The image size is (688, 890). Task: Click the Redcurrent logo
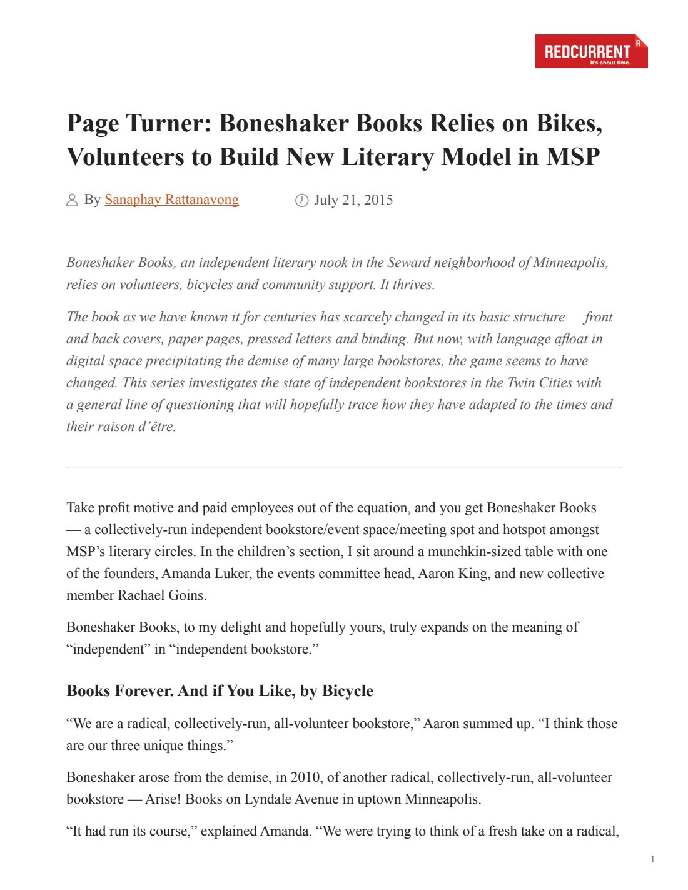click(x=591, y=51)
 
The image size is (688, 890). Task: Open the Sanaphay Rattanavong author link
click(x=171, y=200)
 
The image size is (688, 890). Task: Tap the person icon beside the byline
click(x=72, y=200)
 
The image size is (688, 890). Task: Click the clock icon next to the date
click(x=301, y=200)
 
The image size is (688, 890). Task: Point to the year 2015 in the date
click(x=378, y=200)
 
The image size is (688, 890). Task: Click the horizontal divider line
click(x=344, y=467)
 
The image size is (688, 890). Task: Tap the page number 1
click(x=652, y=859)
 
